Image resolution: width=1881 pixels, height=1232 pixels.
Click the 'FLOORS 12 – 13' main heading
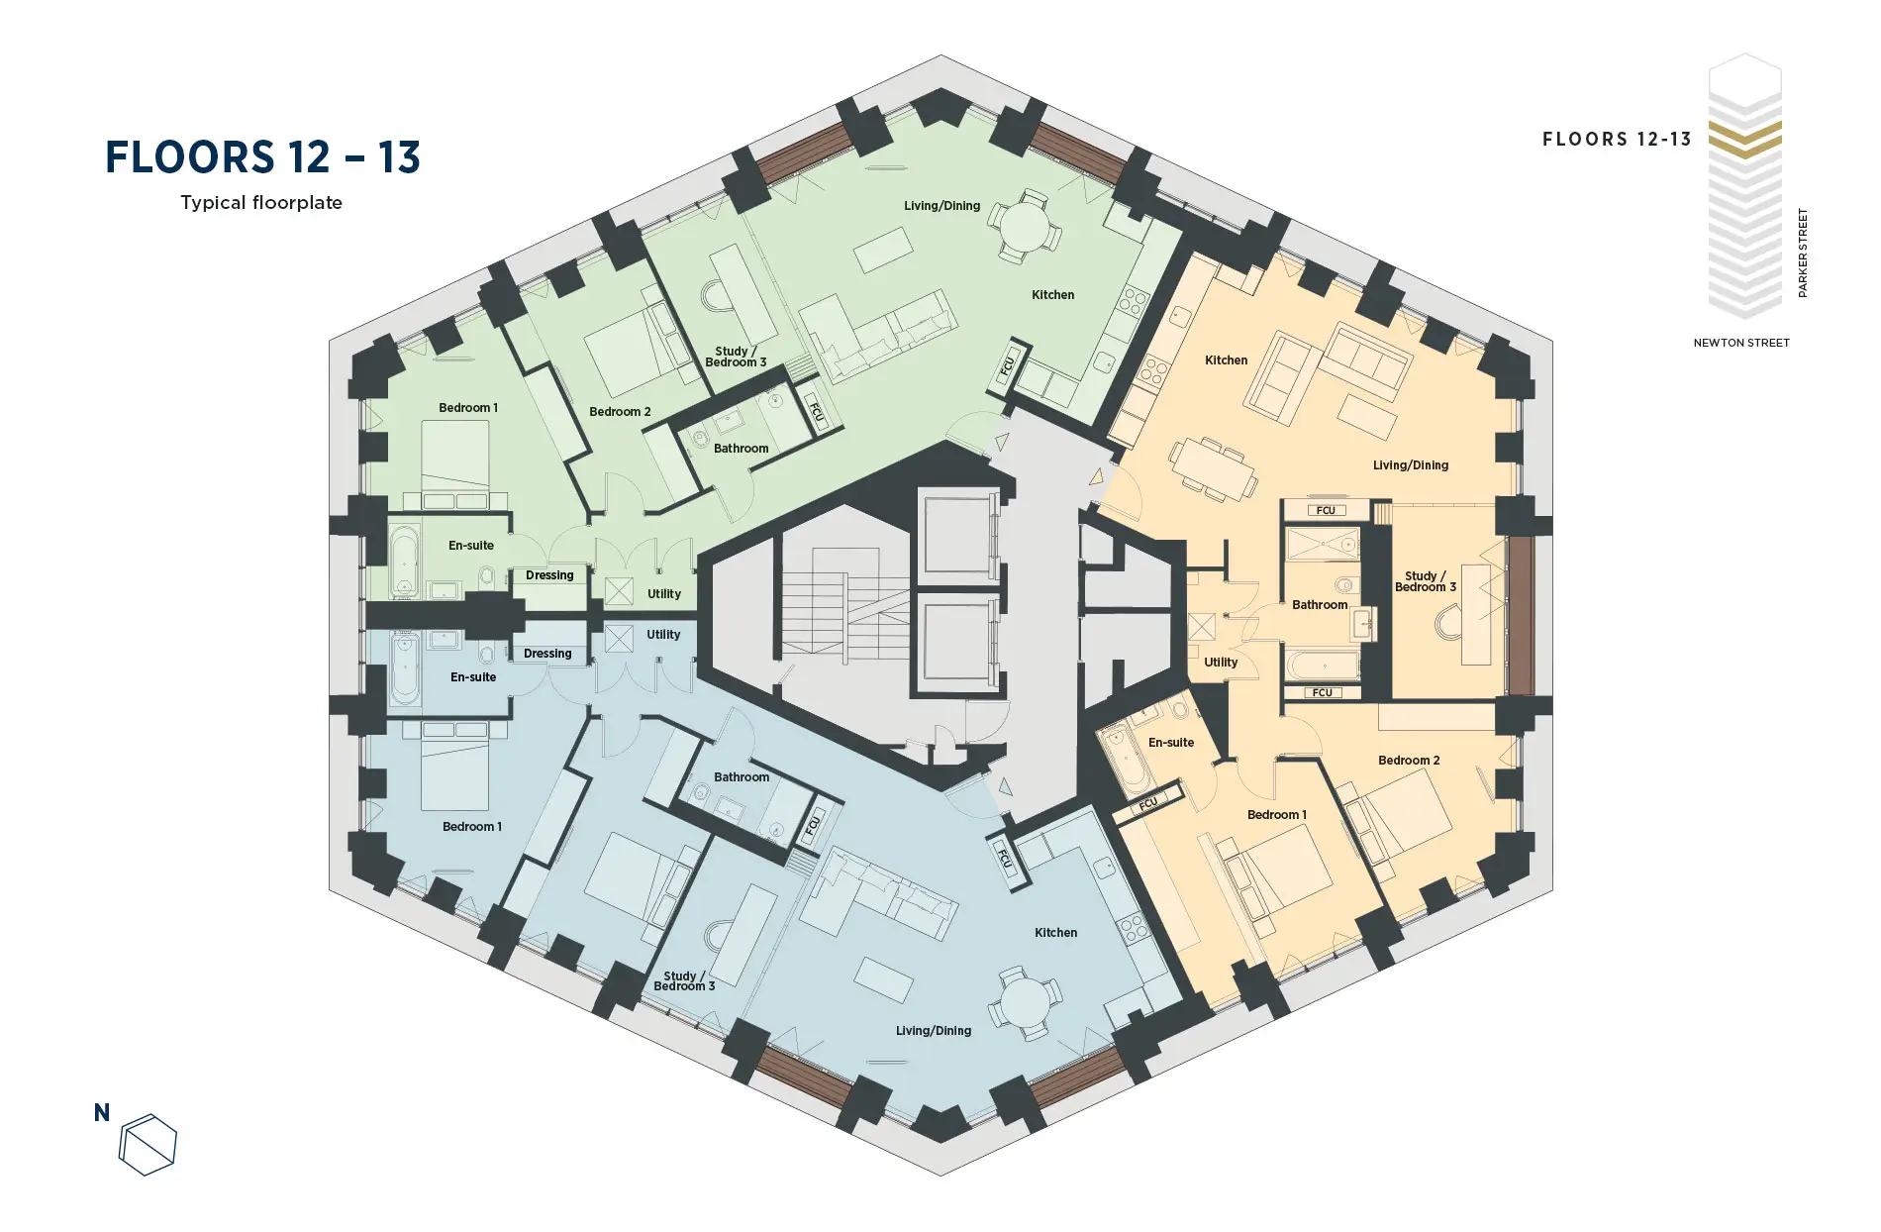coord(262,157)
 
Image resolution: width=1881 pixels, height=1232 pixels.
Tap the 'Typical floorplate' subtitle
coord(261,203)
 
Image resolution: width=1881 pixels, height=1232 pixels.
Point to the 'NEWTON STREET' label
coord(1741,343)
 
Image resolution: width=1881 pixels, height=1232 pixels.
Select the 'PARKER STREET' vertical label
coord(1803,253)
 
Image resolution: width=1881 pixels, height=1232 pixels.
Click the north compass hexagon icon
coord(148,1145)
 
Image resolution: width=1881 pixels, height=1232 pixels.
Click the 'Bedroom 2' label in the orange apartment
coord(1409,761)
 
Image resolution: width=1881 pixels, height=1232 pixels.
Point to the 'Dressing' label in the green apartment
coord(549,575)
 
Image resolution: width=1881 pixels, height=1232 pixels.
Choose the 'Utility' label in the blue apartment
coord(663,635)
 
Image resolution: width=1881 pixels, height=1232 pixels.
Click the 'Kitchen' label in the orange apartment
coord(1226,360)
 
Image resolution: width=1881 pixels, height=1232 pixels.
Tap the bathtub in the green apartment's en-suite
coord(403,560)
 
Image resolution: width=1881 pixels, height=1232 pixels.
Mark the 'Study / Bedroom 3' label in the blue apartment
coord(684,981)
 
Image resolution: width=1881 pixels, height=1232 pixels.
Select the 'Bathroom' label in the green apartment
coord(741,449)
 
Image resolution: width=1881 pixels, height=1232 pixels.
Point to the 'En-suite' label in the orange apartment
coord(1171,743)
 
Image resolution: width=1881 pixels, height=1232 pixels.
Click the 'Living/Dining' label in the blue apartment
coord(934,1031)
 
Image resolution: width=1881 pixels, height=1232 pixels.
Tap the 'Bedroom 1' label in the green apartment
coord(468,408)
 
